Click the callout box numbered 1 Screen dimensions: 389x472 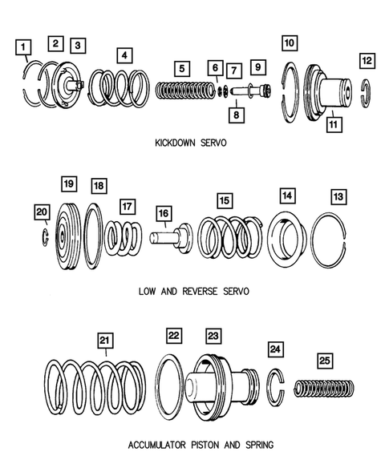[x=23, y=47]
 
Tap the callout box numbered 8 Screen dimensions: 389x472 [x=237, y=115]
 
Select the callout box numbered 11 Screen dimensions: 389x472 [x=334, y=124]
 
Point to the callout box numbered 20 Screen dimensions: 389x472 [x=42, y=212]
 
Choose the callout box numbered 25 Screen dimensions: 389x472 [x=325, y=361]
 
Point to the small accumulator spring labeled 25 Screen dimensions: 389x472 [x=324, y=389]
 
